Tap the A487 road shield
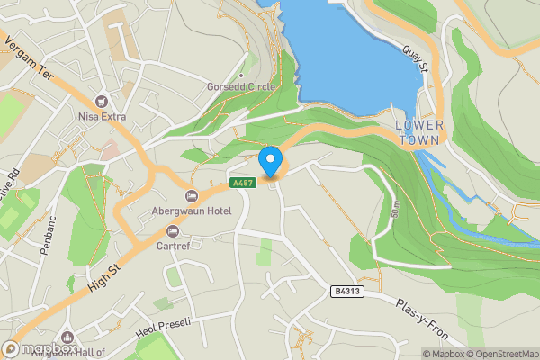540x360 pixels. tap(240, 183)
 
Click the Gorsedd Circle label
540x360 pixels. tap(241, 87)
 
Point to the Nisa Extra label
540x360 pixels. tap(101, 116)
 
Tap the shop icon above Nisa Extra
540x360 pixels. tap(101, 101)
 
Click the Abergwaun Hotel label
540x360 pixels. tap(191, 211)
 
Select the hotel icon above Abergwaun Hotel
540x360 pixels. tap(191, 196)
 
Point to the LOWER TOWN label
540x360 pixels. tap(419, 132)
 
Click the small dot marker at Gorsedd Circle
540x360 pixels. tap(241, 76)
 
